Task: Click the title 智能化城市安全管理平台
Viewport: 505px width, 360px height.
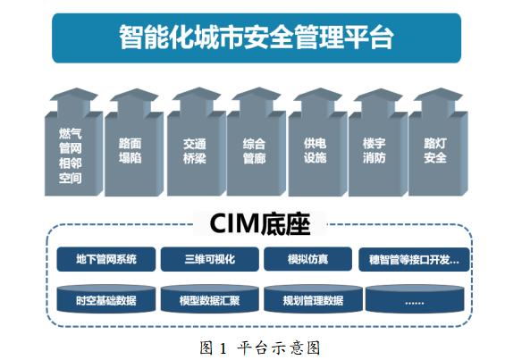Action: (x=257, y=38)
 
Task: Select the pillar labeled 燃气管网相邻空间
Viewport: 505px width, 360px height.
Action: (x=73, y=142)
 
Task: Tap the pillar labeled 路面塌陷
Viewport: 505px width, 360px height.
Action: (x=134, y=142)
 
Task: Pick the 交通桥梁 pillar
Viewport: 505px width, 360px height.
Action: (x=197, y=142)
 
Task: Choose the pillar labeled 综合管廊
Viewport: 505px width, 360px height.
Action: (x=256, y=142)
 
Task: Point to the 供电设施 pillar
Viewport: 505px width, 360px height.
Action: (x=317, y=142)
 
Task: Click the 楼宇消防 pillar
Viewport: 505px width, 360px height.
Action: (x=378, y=142)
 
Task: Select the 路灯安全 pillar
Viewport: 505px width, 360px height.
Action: (x=438, y=142)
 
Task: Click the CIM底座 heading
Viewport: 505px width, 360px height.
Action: (x=259, y=223)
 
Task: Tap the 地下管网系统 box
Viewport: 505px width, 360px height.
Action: (x=106, y=259)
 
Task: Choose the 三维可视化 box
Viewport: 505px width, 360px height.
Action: (x=210, y=259)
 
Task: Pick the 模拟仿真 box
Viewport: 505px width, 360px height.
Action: (x=307, y=259)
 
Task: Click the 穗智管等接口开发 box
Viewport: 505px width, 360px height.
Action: (x=414, y=260)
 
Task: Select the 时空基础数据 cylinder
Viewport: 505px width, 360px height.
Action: (x=106, y=299)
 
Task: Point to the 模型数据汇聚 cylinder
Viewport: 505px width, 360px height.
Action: (x=210, y=299)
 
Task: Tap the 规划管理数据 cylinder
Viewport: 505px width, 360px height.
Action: (x=313, y=299)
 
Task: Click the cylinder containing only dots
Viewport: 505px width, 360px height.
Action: (x=415, y=299)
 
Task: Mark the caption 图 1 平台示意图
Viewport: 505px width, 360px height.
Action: (x=259, y=348)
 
